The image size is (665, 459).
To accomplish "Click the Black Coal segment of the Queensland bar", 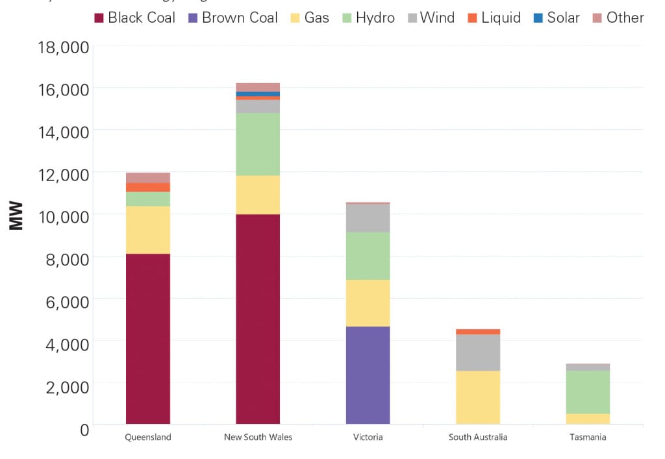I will click(148, 338).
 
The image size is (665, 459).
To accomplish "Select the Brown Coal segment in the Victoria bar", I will click(368, 375).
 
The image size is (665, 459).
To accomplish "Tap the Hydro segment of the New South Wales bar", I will click(258, 144).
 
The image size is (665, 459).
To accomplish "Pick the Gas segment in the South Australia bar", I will click(478, 397).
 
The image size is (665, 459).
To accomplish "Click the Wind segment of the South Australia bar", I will click(478, 352).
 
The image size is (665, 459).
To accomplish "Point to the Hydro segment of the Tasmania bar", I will click(588, 391).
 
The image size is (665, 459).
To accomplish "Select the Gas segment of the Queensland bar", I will click(148, 230).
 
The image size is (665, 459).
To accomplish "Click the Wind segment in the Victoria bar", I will click(368, 218).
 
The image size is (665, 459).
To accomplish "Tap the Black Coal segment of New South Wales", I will click(258, 319).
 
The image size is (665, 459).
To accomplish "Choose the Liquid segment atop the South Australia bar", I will click(478, 332).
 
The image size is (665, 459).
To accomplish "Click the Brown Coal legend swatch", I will click(193, 18).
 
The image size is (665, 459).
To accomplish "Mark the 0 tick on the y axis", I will click(84, 428).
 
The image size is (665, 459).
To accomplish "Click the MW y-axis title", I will click(16, 216).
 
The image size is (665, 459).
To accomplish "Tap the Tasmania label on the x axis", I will click(588, 437).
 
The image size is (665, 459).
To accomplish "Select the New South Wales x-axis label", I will click(258, 437).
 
